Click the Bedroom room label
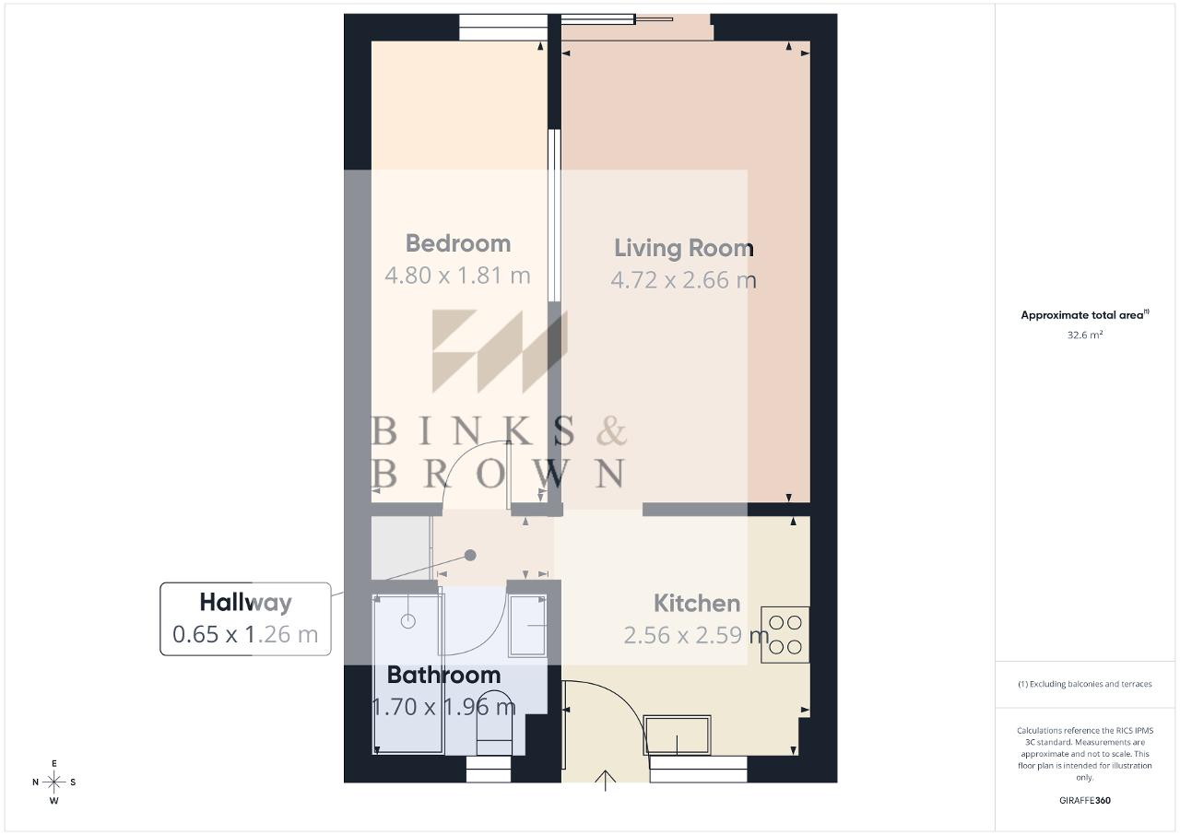[458, 243]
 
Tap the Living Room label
[684, 248]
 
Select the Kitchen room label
[697, 604]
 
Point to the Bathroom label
[443, 675]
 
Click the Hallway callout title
[245, 603]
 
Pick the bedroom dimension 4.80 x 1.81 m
[457, 276]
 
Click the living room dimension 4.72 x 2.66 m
[684, 279]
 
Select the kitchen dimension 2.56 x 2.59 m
[696, 635]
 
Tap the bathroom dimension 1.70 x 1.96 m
[443, 707]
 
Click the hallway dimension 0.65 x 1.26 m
[245, 634]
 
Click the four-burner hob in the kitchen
[785, 634]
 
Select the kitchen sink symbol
[677, 735]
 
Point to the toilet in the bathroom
[494, 723]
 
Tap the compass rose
[54, 782]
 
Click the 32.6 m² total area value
[1085, 335]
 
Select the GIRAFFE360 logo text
[1085, 800]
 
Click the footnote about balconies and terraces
[1085, 684]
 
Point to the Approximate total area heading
[1085, 315]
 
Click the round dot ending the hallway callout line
[470, 555]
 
